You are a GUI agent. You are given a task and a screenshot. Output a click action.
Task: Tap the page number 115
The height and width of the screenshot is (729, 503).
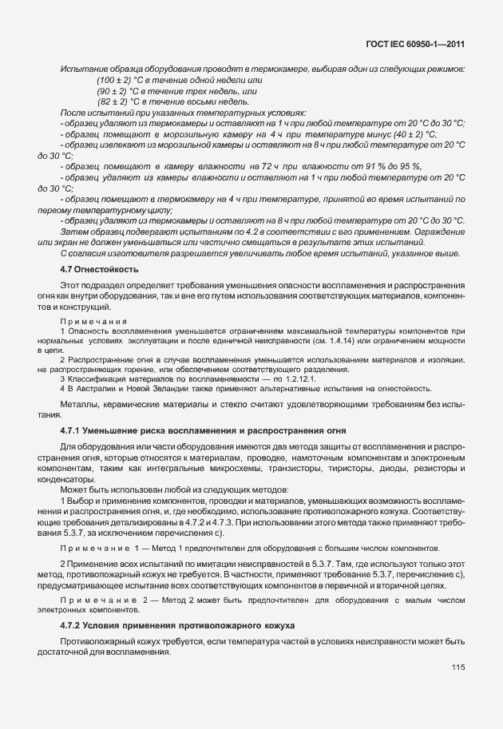coord(457,667)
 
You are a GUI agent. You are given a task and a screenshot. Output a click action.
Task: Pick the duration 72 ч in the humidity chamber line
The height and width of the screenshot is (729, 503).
coord(238,165)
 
